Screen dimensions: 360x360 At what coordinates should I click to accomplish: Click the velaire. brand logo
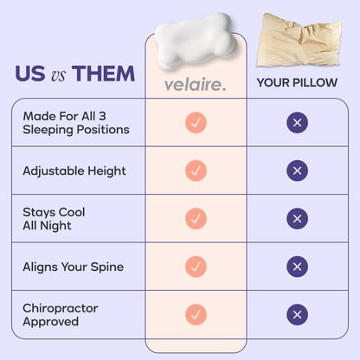[196, 84]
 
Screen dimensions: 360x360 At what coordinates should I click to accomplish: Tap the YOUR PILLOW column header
[297, 84]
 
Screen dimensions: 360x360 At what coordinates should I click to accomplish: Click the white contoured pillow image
[195, 40]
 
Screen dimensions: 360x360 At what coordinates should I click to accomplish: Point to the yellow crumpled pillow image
[297, 40]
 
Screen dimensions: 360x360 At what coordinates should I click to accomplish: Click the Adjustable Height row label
[74, 170]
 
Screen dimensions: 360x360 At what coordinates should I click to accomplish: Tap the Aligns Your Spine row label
[73, 267]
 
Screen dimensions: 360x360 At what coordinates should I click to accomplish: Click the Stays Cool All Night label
[54, 218]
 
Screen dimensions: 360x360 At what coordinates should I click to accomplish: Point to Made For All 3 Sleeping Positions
[76, 123]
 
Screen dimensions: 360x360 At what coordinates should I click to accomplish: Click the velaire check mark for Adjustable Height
[196, 170]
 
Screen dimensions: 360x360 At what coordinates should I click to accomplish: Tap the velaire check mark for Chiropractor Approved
[196, 315]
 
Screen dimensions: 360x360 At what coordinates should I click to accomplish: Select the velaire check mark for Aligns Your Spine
[196, 267]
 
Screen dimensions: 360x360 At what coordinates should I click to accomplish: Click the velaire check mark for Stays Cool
[196, 219]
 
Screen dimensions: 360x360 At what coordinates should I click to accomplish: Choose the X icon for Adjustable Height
[297, 170]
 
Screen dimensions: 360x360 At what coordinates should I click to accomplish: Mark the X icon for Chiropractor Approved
[297, 315]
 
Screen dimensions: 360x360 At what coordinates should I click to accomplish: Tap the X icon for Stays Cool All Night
[297, 219]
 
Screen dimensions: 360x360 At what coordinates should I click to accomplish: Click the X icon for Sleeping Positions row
[297, 123]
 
